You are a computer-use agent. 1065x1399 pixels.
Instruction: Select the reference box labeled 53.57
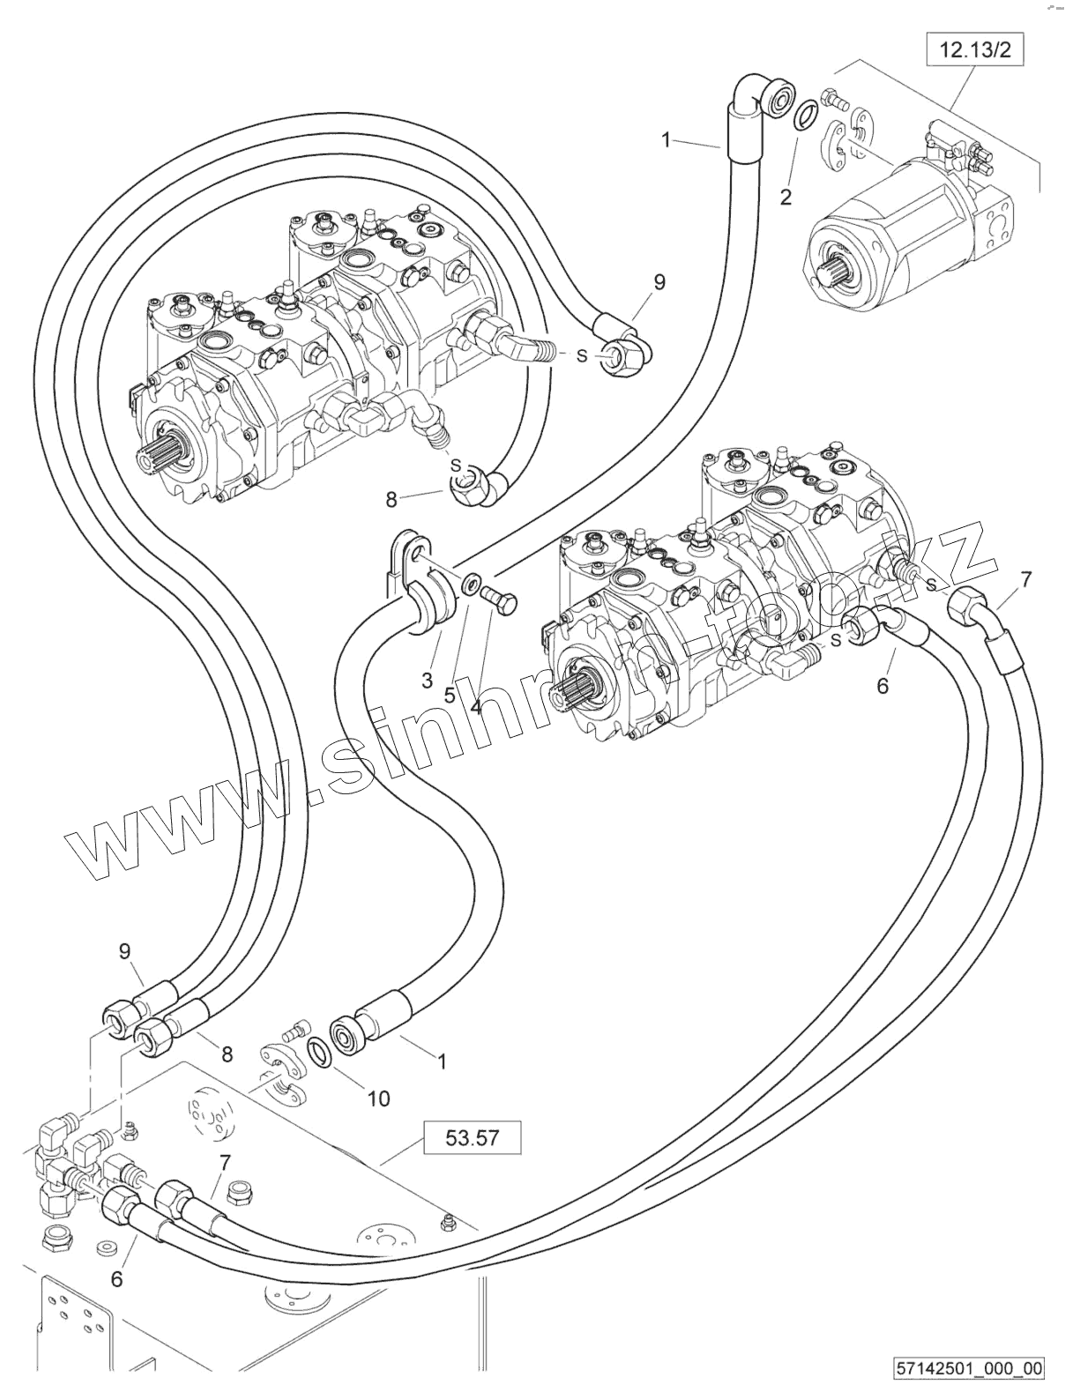(473, 1137)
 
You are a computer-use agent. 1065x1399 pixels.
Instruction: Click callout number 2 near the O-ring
(786, 197)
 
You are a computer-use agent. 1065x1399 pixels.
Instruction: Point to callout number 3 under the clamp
(428, 680)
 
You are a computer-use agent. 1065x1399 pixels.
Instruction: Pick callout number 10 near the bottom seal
(378, 1098)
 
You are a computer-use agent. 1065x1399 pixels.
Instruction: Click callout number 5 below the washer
(450, 694)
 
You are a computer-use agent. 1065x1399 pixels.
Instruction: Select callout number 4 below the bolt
(476, 706)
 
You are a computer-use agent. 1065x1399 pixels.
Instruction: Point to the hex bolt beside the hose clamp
(503, 604)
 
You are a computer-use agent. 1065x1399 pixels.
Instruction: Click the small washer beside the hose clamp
(472, 584)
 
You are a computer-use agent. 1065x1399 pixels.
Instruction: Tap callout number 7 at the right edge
(1025, 579)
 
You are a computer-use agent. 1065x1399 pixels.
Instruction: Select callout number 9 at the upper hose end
(659, 282)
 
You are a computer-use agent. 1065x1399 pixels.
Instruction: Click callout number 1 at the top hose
(667, 138)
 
